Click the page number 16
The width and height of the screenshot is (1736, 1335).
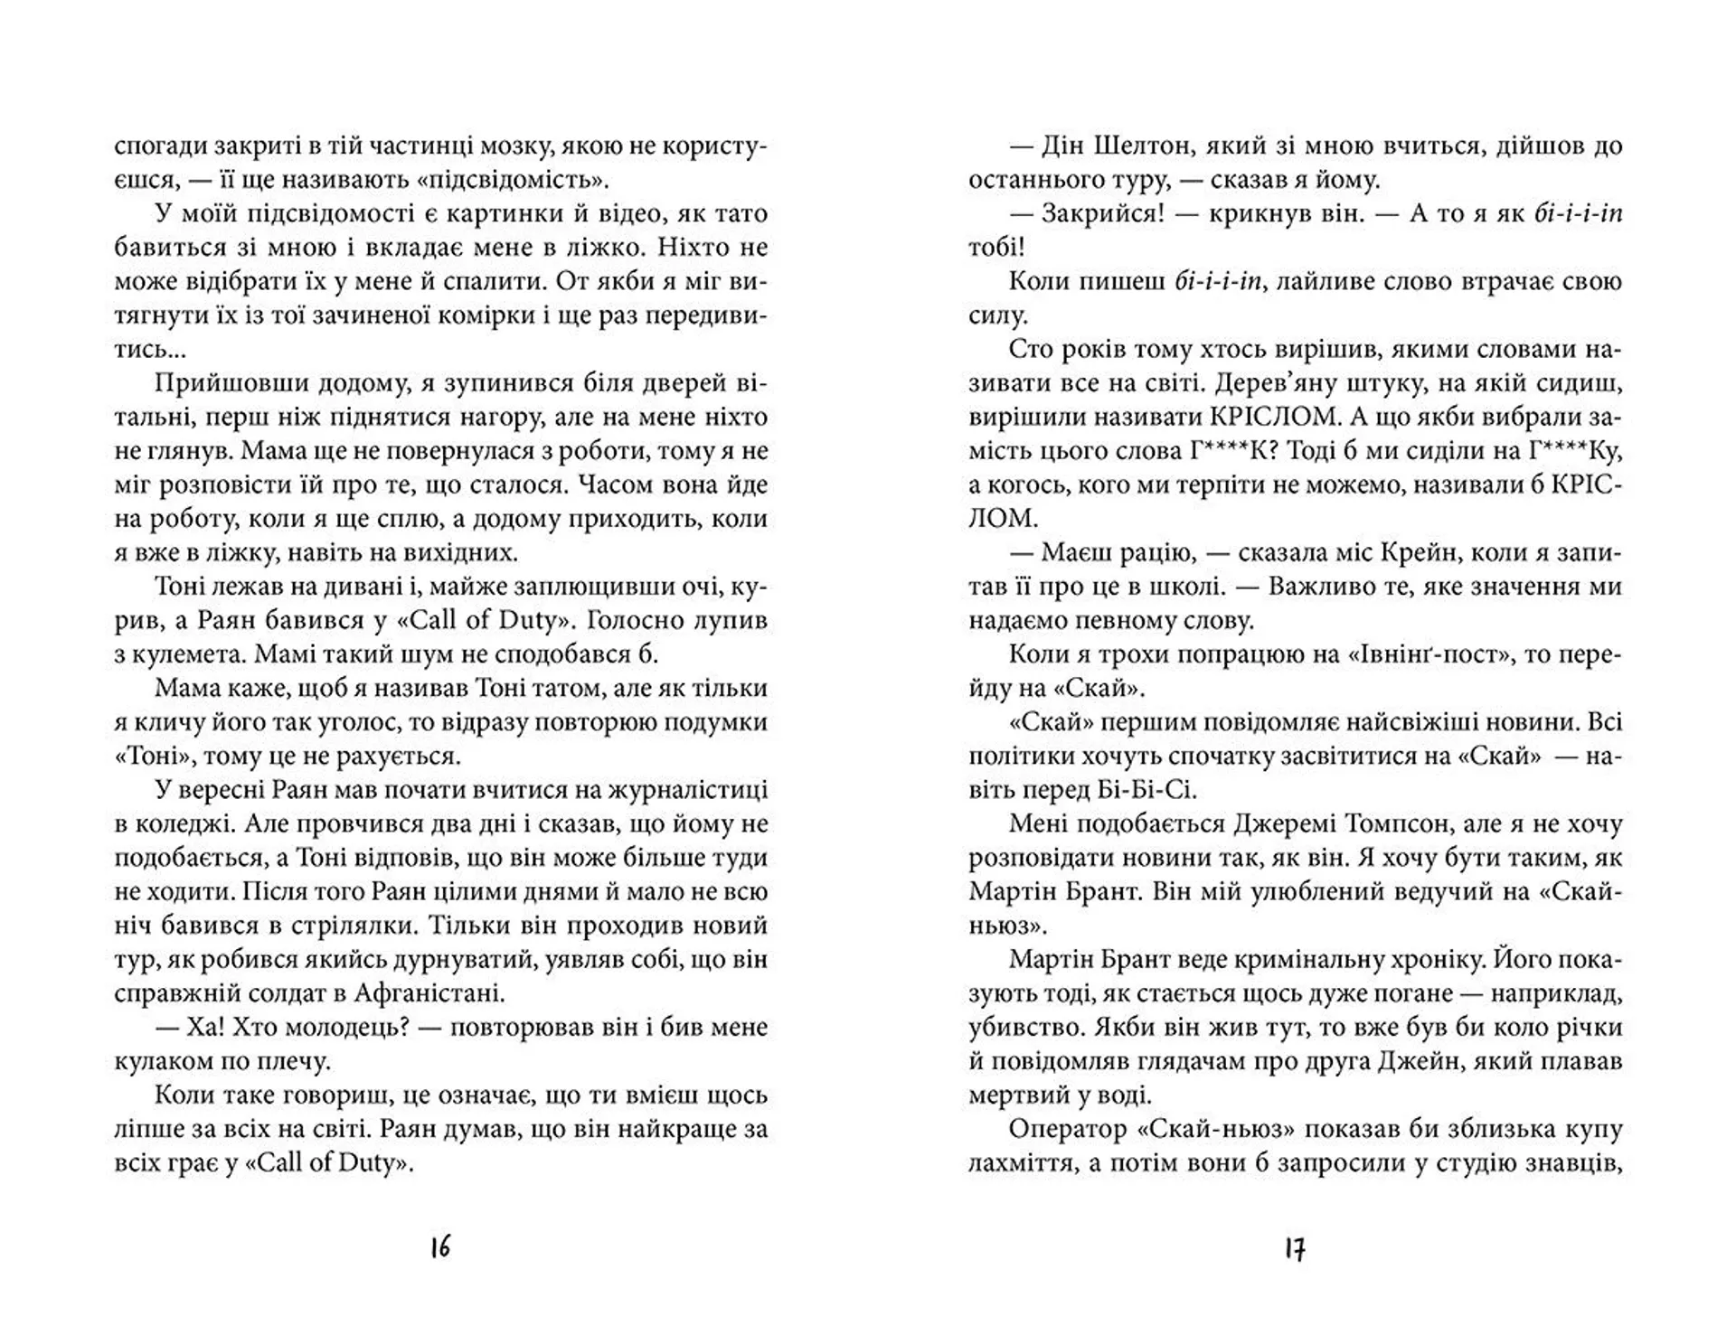440,1248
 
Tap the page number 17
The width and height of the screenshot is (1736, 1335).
1295,1249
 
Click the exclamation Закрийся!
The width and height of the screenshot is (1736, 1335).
1102,214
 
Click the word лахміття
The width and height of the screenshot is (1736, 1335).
1018,1163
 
